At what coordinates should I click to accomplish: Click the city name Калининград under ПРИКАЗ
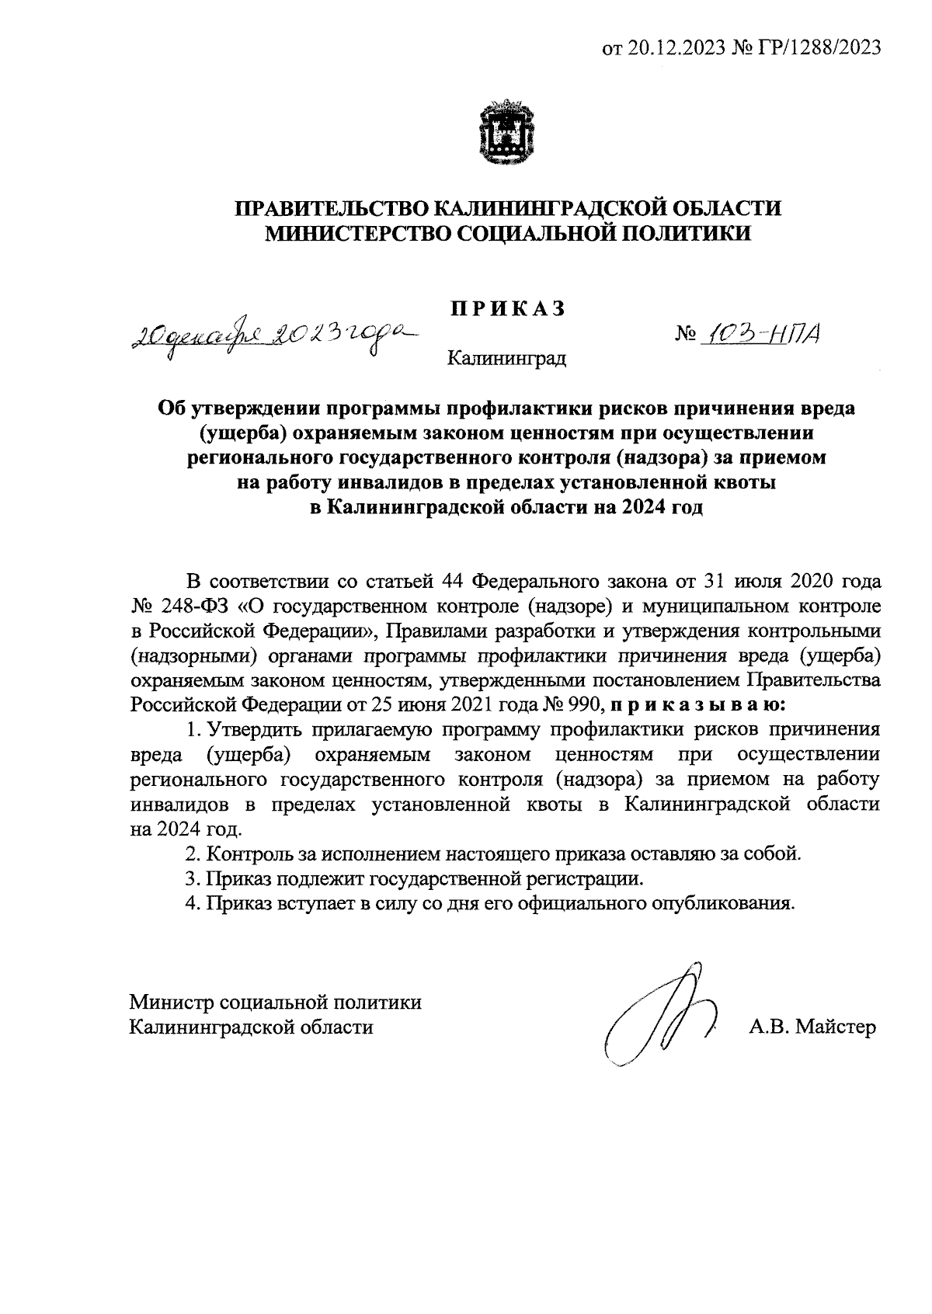pyautogui.click(x=507, y=359)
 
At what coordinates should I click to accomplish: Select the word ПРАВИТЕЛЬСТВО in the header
pyautogui.click(x=330, y=209)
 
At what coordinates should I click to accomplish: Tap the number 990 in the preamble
pyautogui.click(x=584, y=705)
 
